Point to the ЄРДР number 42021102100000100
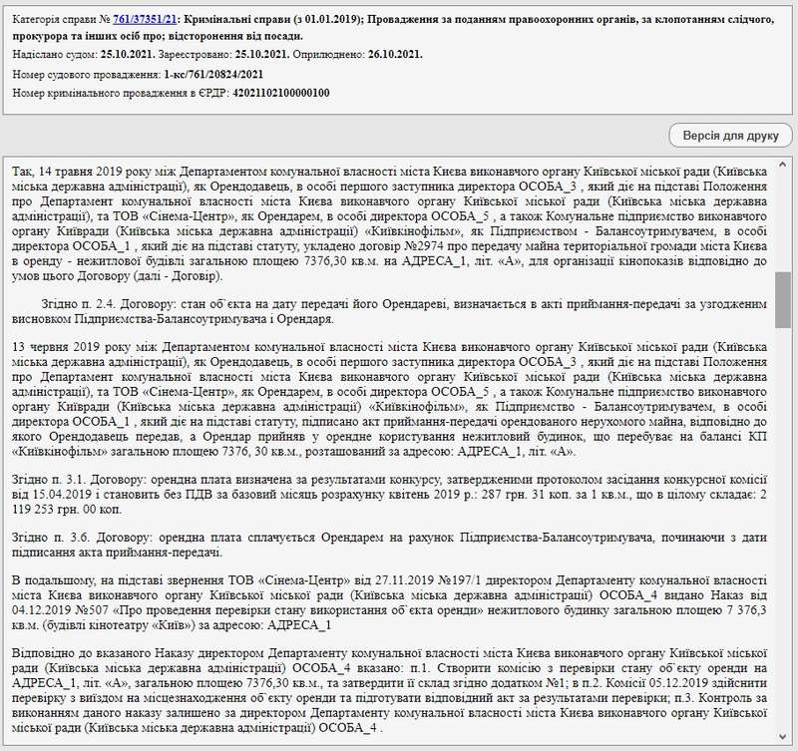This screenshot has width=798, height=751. click(280, 93)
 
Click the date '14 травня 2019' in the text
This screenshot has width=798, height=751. click(74, 171)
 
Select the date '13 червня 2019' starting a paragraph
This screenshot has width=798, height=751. click(56, 348)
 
